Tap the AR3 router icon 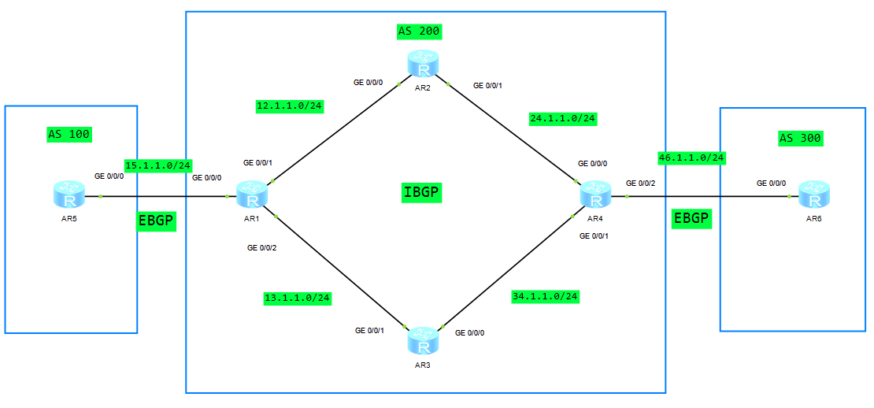pos(422,340)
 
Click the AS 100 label pos(69,134)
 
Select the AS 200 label pos(419,32)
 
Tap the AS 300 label pos(800,139)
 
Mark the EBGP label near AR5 pos(156,221)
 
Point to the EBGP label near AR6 pos(691,219)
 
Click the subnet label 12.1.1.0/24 pos(290,106)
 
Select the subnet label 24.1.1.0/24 pos(563,119)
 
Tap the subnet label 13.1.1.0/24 pos(296,298)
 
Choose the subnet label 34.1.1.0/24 pos(545,296)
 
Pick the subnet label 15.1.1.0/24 pos(158,165)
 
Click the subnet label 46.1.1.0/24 pos(691,158)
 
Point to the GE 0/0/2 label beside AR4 pos(639,183)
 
